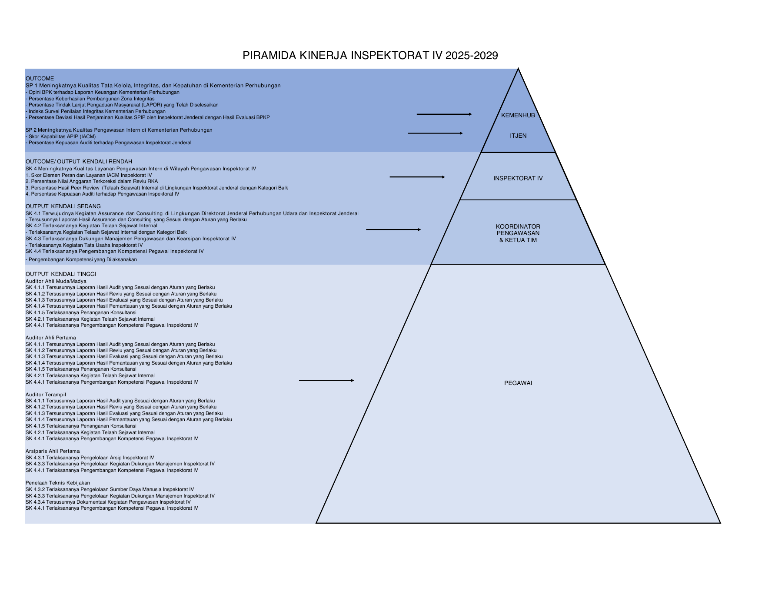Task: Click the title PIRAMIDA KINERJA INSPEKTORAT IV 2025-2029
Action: (370, 55)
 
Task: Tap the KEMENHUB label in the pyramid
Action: (518, 115)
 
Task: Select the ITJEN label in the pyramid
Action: (518, 136)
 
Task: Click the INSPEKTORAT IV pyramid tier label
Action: (518, 178)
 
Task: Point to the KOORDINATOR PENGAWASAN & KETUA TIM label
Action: (518, 233)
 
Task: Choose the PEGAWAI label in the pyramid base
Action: (518, 383)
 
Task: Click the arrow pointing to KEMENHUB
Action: (444, 114)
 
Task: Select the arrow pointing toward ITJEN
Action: (435, 133)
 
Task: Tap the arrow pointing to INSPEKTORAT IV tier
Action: (417, 177)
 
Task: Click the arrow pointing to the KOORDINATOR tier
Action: (393, 229)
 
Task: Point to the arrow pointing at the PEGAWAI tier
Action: (326, 381)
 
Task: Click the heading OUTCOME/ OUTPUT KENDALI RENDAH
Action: (79, 162)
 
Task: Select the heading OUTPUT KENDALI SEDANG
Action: (63, 206)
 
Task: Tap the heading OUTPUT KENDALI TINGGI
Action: (61, 274)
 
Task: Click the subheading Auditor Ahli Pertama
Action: (50, 338)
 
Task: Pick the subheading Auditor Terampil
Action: (46, 395)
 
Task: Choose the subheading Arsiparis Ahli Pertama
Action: (53, 451)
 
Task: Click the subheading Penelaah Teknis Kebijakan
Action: (58, 483)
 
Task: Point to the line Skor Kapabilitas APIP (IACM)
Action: (61, 136)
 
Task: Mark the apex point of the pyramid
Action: (518, 68)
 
